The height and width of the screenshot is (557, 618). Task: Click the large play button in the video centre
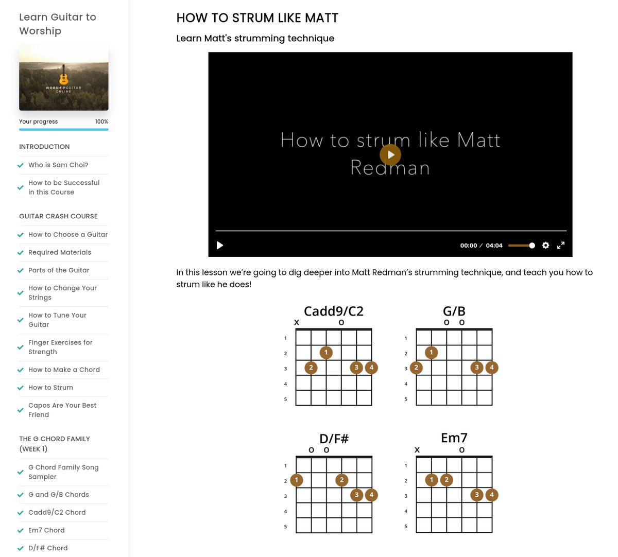coord(390,155)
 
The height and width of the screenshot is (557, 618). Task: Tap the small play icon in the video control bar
coord(220,246)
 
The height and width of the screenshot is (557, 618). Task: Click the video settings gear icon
coord(546,246)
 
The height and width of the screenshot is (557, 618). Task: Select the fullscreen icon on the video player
coord(561,246)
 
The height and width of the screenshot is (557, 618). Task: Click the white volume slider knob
coord(532,246)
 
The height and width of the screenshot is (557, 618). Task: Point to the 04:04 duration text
coord(494,246)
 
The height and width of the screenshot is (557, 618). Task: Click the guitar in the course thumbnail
coord(63,75)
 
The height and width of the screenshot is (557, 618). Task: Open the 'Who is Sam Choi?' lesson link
coord(58,165)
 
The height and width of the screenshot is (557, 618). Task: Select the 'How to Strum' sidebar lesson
coord(50,388)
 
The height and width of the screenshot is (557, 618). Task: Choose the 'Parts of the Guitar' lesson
coord(59,270)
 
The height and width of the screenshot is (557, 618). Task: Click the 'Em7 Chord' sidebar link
coord(46,530)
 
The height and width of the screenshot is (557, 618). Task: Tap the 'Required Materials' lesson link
coord(60,252)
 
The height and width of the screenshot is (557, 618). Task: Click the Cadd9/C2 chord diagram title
coord(334,311)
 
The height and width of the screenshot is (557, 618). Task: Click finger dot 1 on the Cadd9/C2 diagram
coord(326,353)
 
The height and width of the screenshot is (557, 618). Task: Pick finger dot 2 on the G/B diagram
coord(416,368)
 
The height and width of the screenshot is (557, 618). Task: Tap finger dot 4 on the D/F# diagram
coord(371,495)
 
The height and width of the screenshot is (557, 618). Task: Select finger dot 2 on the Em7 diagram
coord(447,480)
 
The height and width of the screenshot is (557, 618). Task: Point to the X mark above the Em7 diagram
coord(417,450)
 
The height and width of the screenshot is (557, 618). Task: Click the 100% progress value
coord(101,122)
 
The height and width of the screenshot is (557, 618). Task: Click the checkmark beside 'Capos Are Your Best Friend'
coord(21,410)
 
